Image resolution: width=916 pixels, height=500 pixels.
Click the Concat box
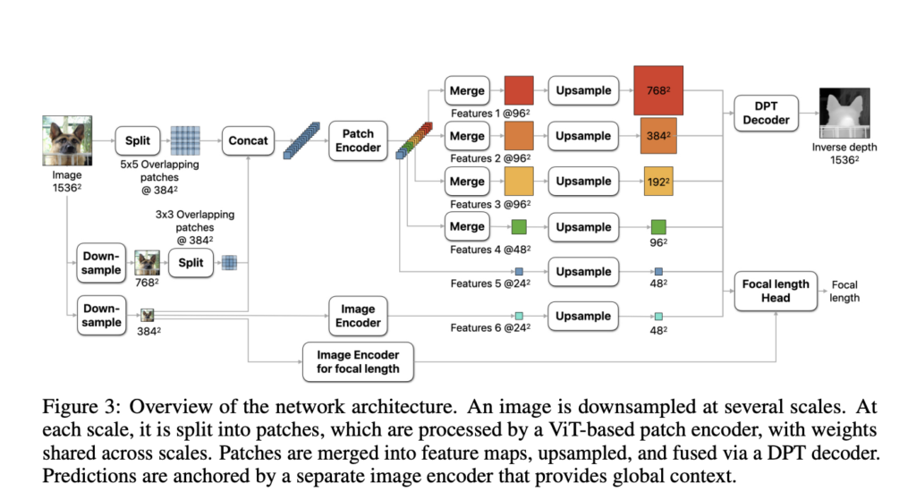[248, 140]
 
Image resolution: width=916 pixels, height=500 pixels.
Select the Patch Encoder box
[358, 140]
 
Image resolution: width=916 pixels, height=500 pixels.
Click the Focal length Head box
[776, 291]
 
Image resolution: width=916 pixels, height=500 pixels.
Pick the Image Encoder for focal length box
[358, 360]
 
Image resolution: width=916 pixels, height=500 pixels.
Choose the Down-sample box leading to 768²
[101, 263]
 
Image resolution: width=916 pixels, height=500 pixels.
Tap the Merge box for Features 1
[467, 90]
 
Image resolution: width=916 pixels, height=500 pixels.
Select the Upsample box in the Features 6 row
[583, 316]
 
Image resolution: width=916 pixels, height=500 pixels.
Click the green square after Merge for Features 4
[518, 226]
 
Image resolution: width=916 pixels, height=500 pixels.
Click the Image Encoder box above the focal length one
[358, 315]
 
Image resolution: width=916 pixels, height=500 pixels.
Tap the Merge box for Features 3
[467, 181]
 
